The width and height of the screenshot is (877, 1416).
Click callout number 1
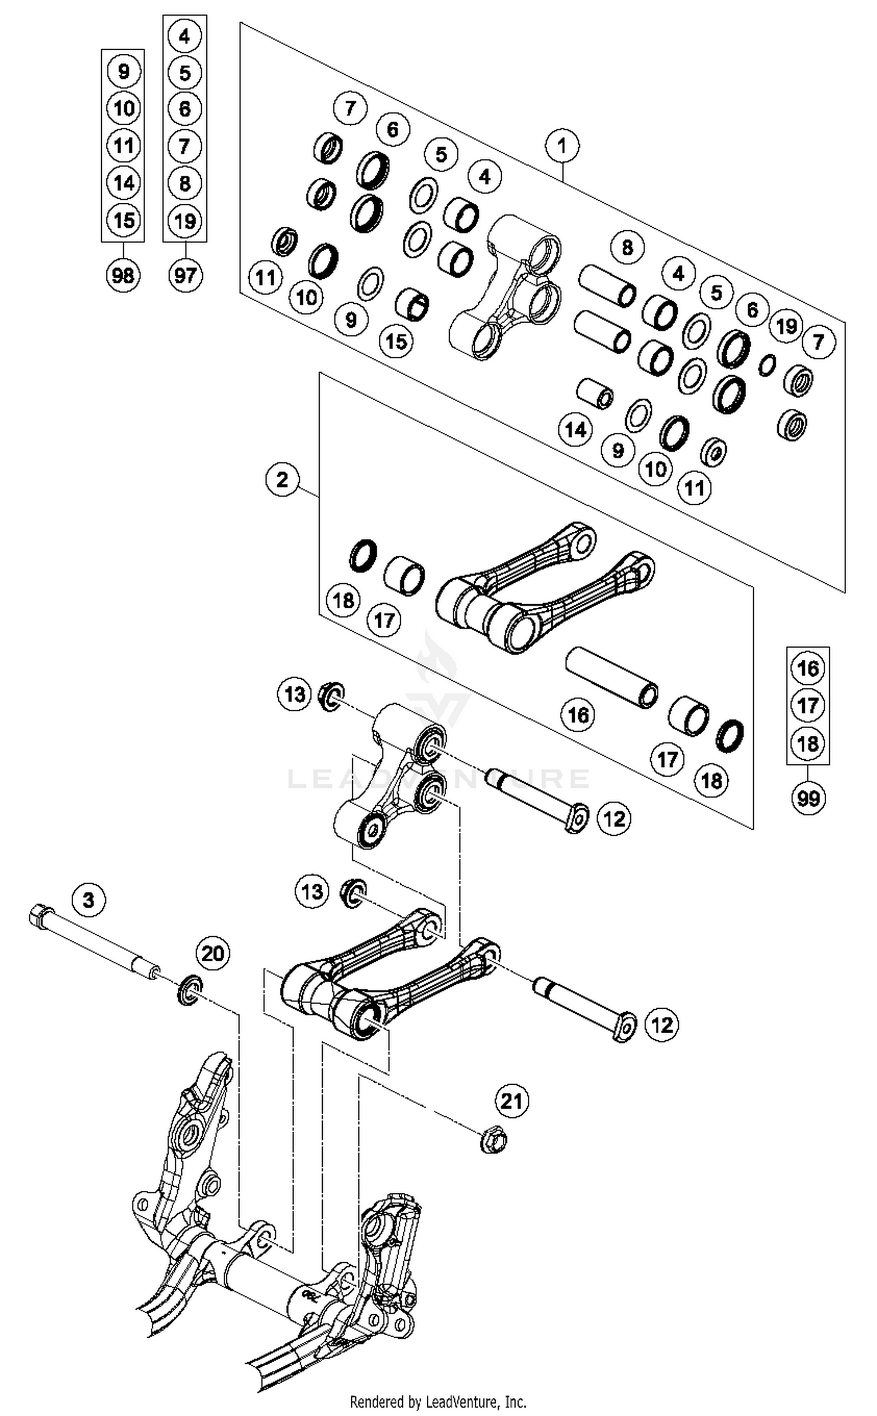(562, 146)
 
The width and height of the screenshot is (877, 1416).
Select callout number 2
(282, 480)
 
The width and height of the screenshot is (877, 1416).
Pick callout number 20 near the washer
(212, 953)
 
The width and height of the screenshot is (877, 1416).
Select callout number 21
(512, 1101)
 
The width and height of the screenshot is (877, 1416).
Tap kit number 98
(123, 275)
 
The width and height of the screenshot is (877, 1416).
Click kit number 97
(185, 275)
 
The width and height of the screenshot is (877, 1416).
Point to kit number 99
(808, 797)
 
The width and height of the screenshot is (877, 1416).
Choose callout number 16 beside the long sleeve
(578, 714)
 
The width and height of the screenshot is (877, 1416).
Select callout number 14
(575, 430)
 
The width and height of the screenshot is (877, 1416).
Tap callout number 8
(627, 247)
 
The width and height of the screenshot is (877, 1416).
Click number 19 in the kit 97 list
(185, 221)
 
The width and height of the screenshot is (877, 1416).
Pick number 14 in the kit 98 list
(123, 184)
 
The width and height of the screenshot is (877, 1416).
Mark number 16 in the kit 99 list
(808, 668)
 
